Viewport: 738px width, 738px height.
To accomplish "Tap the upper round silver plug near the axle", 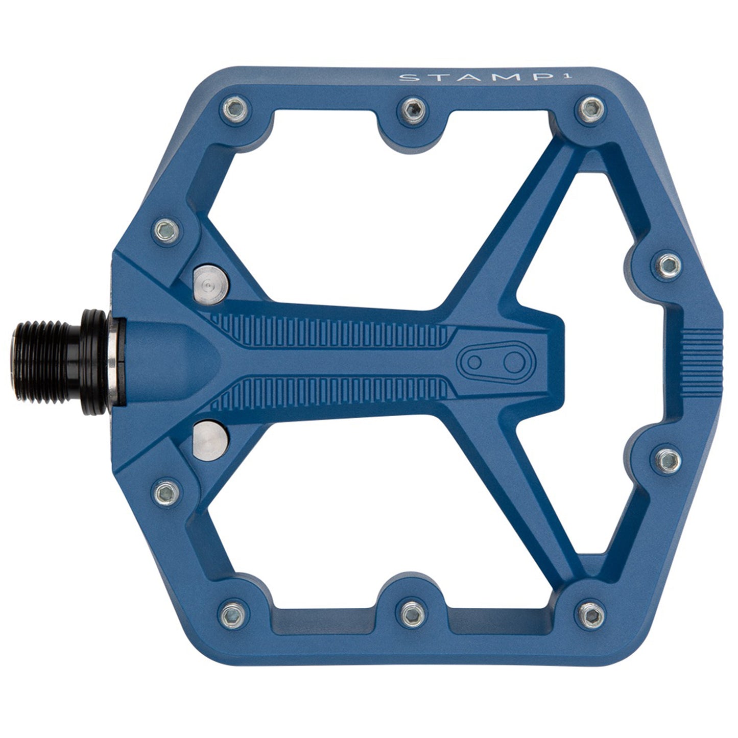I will pos(210,282).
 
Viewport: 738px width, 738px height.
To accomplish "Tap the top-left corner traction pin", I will pos(234,108).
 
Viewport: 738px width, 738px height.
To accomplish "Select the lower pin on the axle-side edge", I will pos(167,492).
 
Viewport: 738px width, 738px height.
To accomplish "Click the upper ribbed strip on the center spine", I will pos(332,330).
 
